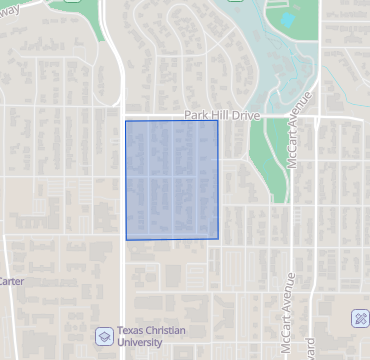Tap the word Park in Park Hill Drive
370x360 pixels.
[195, 115]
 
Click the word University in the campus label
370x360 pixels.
[140, 342]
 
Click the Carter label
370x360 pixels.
[11, 281]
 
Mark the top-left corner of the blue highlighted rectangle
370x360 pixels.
[125, 121]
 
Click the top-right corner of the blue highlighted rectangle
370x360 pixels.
[218, 121]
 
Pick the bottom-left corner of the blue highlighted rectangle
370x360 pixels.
[126, 240]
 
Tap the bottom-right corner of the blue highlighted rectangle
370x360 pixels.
[219, 239]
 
